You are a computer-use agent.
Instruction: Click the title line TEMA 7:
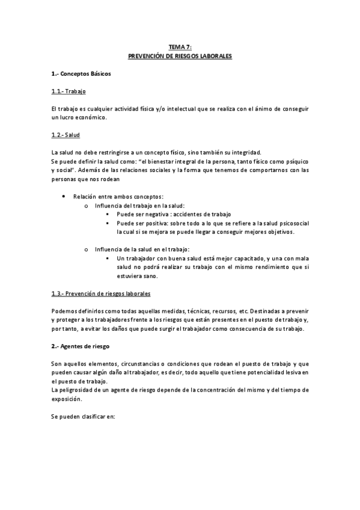tap(180, 46)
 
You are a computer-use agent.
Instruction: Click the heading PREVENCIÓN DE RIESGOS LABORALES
tap(180, 55)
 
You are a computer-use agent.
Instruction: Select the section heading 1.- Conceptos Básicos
tap(81, 74)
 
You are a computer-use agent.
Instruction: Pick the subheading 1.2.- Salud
tap(66, 135)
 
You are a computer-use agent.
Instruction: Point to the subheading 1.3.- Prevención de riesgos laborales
tap(100, 293)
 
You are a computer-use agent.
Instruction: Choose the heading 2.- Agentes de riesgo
tap(80, 348)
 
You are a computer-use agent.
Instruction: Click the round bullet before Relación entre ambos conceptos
tap(64, 197)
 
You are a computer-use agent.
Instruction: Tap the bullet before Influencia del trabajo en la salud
tap(87, 206)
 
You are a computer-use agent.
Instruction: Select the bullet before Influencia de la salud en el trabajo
tap(87, 249)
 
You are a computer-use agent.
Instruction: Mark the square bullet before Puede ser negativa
tap(108, 214)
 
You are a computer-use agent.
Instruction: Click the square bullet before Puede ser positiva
tap(108, 223)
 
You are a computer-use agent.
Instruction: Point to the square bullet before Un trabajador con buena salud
tap(108, 258)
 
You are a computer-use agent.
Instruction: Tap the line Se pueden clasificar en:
tap(83, 417)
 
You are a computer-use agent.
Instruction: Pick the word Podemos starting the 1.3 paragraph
tap(63, 311)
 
